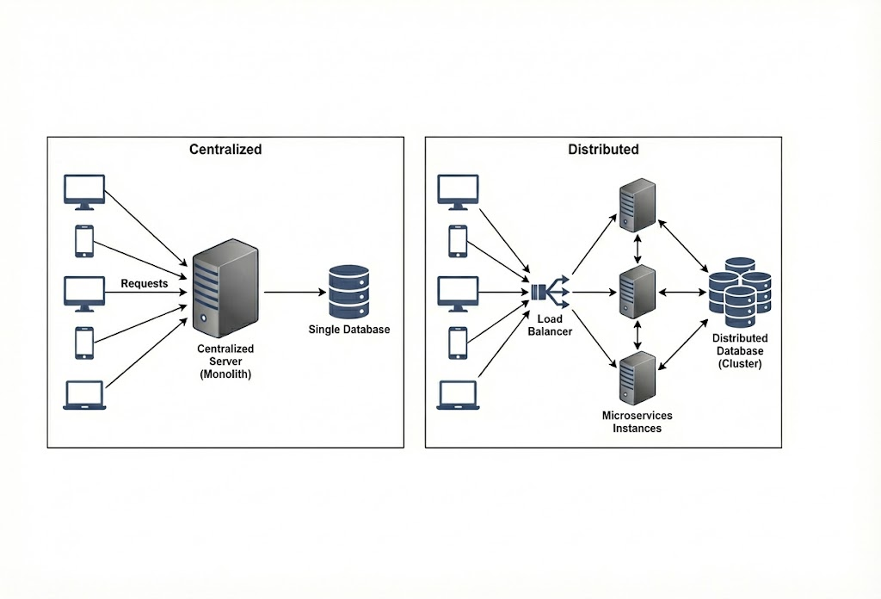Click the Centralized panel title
pyautogui.click(x=225, y=149)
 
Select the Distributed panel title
pyautogui.click(x=603, y=149)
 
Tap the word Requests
pyautogui.click(x=145, y=283)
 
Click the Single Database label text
pyautogui.click(x=349, y=330)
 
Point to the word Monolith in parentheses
pyautogui.click(x=225, y=374)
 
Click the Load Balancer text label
pyautogui.click(x=549, y=325)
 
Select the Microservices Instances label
pyautogui.click(x=638, y=422)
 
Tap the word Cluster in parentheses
pyautogui.click(x=740, y=364)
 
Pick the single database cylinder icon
pyautogui.click(x=348, y=292)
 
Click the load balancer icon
pyautogui.click(x=550, y=292)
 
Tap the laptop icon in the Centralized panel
pyautogui.click(x=84, y=396)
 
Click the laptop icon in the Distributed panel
pyautogui.click(x=458, y=396)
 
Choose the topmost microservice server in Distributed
pyautogui.click(x=638, y=206)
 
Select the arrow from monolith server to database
pyautogui.click(x=293, y=292)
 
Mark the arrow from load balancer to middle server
pyautogui.click(x=593, y=292)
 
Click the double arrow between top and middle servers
pyautogui.click(x=638, y=249)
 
